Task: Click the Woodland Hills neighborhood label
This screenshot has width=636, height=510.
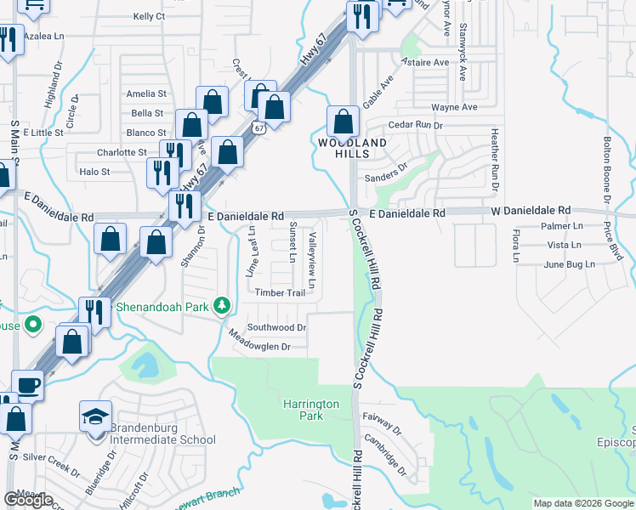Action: pyautogui.click(x=352, y=148)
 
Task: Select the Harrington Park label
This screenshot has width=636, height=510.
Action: pyautogui.click(x=312, y=411)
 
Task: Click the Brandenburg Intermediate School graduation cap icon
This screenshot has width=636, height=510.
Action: pyautogui.click(x=95, y=417)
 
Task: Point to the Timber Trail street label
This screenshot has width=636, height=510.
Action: pyautogui.click(x=280, y=293)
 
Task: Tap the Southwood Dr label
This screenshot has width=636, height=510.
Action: pyautogui.click(x=276, y=327)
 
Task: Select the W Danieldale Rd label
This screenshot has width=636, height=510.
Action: pyautogui.click(x=530, y=210)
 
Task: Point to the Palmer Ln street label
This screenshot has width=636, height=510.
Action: pyautogui.click(x=562, y=226)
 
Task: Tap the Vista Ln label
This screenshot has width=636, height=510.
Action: pyautogui.click(x=564, y=245)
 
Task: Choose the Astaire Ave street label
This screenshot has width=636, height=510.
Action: pyautogui.click(x=429, y=63)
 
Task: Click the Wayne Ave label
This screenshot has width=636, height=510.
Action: pyautogui.click(x=454, y=107)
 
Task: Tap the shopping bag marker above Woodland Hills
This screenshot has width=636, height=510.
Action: pyautogui.click(x=343, y=122)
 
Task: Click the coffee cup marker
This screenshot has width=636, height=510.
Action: pyautogui.click(x=27, y=385)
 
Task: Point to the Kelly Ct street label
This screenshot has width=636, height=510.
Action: pyautogui.click(x=149, y=16)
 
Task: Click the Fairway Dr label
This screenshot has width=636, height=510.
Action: pyautogui.click(x=380, y=421)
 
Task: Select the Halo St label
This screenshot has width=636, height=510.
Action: pyautogui.click(x=94, y=172)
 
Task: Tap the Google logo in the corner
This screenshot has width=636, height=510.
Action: pyautogui.click(x=28, y=500)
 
